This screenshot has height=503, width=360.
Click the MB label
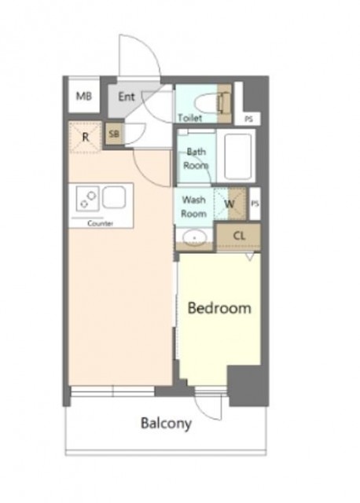pos(84,96)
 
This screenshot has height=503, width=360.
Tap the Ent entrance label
pos(127,97)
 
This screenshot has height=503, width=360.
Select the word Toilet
pos(190,118)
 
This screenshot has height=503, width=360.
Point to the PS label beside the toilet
pos(248,119)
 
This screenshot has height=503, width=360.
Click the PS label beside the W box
pos(255,204)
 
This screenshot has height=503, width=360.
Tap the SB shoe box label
pos(114,134)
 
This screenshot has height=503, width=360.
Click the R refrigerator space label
pos(86,138)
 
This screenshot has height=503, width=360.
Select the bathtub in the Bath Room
pos(237,156)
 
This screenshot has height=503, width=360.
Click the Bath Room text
pos(196,159)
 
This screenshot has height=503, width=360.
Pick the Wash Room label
pos(194,207)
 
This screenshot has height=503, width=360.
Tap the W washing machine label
pos(229,204)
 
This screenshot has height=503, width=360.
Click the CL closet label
pos(239,236)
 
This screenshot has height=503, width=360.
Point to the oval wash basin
pos(194,238)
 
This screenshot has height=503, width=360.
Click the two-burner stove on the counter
pos(87,199)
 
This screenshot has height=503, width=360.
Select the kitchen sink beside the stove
pos(114,197)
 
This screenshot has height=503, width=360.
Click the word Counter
pos(100,223)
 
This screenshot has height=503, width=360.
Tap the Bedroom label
pos(219,308)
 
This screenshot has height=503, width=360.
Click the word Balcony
pos(166,424)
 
